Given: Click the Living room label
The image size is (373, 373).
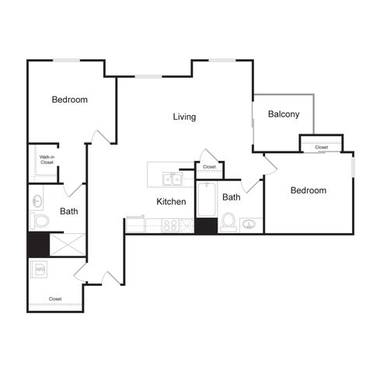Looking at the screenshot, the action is [x=184, y=117].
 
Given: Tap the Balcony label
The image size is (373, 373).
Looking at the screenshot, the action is [x=284, y=114].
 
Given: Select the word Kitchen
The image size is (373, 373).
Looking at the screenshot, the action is [x=171, y=201].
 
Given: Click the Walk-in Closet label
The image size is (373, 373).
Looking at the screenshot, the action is [x=47, y=159].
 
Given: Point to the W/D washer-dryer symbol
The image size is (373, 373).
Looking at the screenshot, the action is [x=39, y=270].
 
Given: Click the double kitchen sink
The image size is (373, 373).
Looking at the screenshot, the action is [x=173, y=179].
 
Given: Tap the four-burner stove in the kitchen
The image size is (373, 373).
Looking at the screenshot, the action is [x=170, y=225].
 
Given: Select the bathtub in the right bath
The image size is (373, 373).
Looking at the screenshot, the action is [x=207, y=199].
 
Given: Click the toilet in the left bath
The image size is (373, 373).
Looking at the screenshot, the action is [x=40, y=221].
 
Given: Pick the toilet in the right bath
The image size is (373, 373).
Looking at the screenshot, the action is [x=228, y=222].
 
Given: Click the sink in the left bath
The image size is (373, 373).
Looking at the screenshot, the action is [x=37, y=200].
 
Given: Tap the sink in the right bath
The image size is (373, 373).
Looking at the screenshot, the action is [x=249, y=225].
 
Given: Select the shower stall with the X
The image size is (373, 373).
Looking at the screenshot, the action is [x=68, y=245].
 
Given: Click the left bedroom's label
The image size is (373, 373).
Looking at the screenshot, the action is [x=70, y=99].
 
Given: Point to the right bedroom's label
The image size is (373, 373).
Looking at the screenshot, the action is [x=309, y=190].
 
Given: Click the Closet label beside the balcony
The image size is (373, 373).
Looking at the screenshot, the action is [x=322, y=147].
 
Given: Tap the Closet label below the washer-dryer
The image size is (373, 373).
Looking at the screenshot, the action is [x=55, y=299].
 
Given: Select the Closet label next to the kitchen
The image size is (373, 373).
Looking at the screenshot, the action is [x=209, y=167].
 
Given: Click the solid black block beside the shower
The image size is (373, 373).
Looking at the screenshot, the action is [x=38, y=245].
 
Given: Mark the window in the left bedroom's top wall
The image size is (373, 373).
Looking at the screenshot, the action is [x=67, y=61].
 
